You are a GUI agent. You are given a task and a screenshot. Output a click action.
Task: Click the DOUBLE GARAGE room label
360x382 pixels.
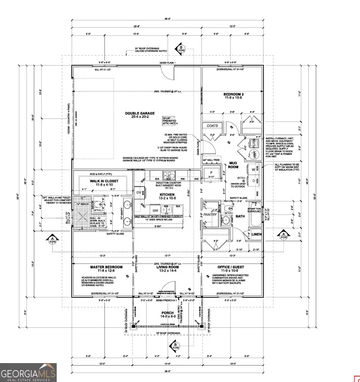(136, 113)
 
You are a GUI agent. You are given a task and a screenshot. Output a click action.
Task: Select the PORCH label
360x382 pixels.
(168, 313)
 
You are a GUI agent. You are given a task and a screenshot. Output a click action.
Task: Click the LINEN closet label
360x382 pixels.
(257, 234)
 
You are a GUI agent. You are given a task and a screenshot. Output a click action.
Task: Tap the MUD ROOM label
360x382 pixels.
(234, 166)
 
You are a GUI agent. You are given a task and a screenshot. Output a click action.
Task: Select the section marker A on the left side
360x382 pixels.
(51, 240)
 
